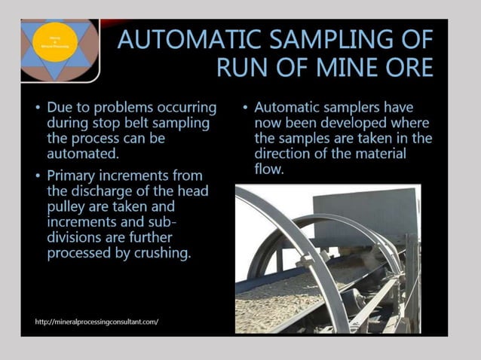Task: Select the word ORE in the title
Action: [407, 68]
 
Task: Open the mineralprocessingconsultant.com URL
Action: [97, 322]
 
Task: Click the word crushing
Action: [161, 253]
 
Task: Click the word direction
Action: [286, 154]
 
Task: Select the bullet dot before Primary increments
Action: [38, 175]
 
